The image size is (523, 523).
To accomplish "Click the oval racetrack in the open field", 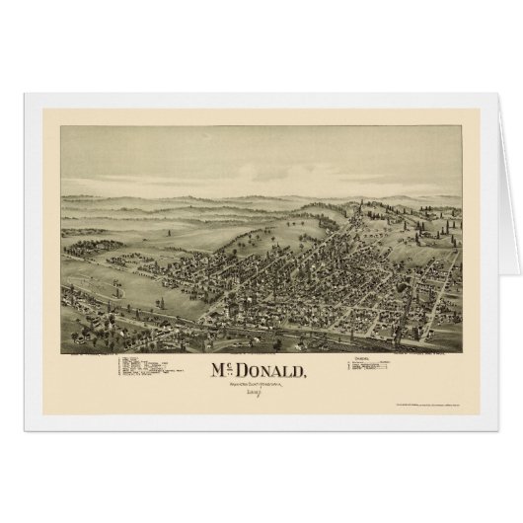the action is pyautogui.click(x=100, y=265).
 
